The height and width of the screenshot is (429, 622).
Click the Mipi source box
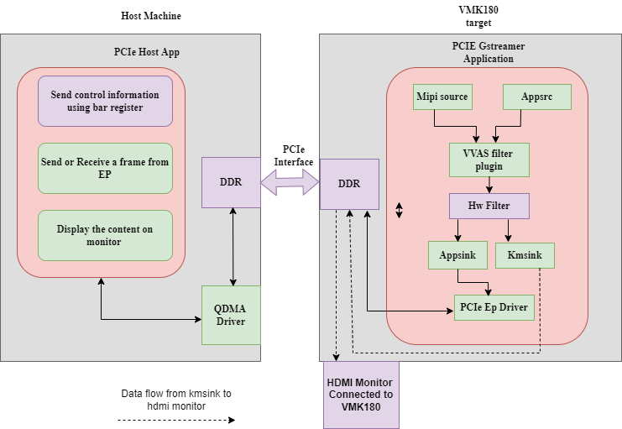click(442, 97)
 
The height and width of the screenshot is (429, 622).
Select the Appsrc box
click(536, 97)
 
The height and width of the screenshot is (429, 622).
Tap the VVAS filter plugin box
click(489, 160)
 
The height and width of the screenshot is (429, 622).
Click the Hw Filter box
click(489, 206)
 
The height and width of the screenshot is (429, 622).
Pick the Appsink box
click(457, 254)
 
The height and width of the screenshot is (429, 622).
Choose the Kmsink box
click(525, 254)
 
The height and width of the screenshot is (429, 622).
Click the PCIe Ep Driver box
click(494, 308)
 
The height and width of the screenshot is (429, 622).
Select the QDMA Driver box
click(231, 315)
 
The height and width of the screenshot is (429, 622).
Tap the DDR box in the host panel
click(231, 182)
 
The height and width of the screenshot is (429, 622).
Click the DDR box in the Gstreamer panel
click(349, 184)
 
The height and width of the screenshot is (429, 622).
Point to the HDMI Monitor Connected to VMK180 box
click(361, 395)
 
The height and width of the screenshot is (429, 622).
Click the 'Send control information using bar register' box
click(105, 101)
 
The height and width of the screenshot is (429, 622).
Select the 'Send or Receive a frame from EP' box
click(105, 168)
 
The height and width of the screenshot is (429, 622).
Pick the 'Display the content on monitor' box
click(105, 235)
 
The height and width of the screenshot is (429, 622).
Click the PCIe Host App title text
click(147, 52)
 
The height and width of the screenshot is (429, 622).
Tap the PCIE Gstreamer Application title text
click(489, 53)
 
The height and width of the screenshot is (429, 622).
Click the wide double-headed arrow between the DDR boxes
click(290, 182)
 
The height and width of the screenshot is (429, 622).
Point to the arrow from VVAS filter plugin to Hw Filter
click(489, 185)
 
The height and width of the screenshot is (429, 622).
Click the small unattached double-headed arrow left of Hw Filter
click(400, 210)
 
